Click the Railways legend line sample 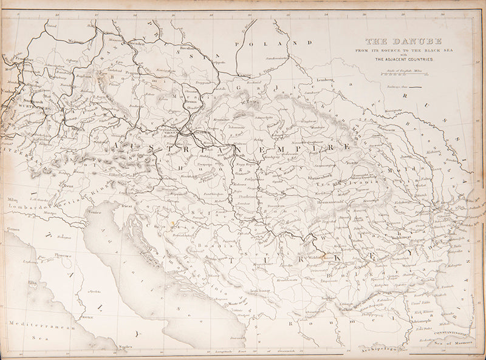(417, 88)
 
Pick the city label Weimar (75, 42)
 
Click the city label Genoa (13, 229)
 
